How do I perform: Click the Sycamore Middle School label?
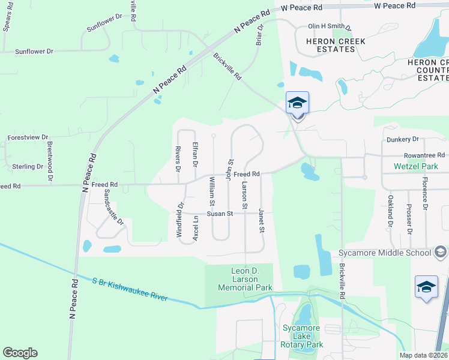coord(385,253)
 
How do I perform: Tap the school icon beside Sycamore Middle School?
coord(440,252)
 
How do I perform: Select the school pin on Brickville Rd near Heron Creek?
coord(297,104)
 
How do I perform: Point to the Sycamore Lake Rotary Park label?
coord(303,336)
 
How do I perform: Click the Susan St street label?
coord(220,214)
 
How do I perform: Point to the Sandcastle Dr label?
coord(113,207)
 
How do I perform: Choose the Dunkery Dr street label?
coord(402,139)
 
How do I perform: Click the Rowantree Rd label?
coord(424,155)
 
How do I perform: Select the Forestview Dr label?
coord(28,137)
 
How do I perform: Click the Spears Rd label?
coord(8,19)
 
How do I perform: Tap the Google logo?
coord(20,353)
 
